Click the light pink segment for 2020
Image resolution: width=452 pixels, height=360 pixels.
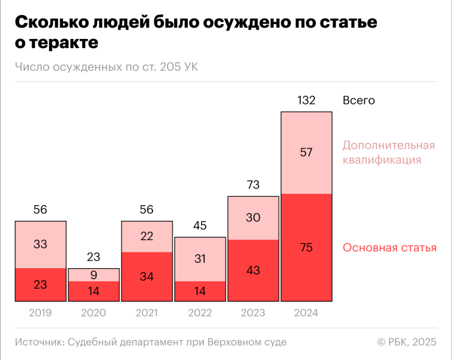pyautogui.click(x=93, y=275)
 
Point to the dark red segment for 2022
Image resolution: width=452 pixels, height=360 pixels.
pyautogui.click(x=200, y=291)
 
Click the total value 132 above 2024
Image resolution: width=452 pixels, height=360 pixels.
pyautogui.click(x=306, y=101)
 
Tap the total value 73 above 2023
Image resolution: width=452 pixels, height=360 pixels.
pyautogui.click(x=253, y=185)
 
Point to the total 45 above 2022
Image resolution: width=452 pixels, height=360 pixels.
pyautogui.click(x=200, y=226)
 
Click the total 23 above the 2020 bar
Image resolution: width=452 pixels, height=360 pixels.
pyautogui.click(x=93, y=257)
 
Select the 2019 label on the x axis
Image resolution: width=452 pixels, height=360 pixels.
pyautogui.click(x=40, y=313)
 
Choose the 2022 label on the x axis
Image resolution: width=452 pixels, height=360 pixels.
pyautogui.click(x=200, y=313)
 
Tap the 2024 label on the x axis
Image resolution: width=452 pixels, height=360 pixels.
pyautogui.click(x=306, y=313)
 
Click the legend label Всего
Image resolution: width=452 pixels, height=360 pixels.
pyautogui.click(x=358, y=101)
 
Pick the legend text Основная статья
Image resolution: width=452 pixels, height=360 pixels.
pyautogui.click(x=389, y=248)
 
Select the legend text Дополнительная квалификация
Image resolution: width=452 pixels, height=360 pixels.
pyautogui.click(x=388, y=152)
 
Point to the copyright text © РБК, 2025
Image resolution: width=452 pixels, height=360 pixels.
pyautogui.click(x=406, y=342)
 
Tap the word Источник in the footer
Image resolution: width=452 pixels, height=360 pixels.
pyautogui.click(x=39, y=342)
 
